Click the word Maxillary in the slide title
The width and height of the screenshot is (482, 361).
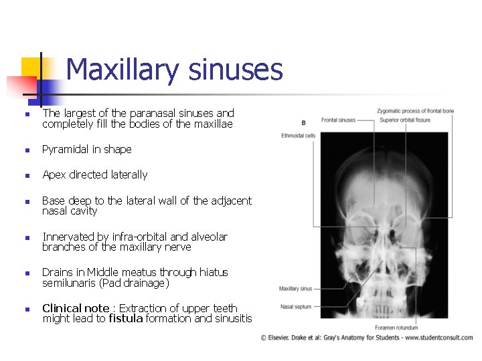tap(120, 70)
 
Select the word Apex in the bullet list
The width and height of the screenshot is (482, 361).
tap(54, 174)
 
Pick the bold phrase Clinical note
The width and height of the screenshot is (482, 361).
tap(76, 308)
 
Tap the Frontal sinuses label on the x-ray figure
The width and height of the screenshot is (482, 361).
tap(338, 120)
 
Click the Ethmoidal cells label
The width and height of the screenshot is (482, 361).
tap(299, 135)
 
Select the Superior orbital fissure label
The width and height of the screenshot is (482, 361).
tap(404, 120)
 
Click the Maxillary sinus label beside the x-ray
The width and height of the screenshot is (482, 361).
tap(296, 289)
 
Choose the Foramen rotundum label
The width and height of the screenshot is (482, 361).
tap(396, 328)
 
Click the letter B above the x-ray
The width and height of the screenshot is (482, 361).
tap(303, 122)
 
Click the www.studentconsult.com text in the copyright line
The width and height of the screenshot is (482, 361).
tap(440, 338)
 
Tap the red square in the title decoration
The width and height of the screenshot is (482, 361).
tap(20, 86)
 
